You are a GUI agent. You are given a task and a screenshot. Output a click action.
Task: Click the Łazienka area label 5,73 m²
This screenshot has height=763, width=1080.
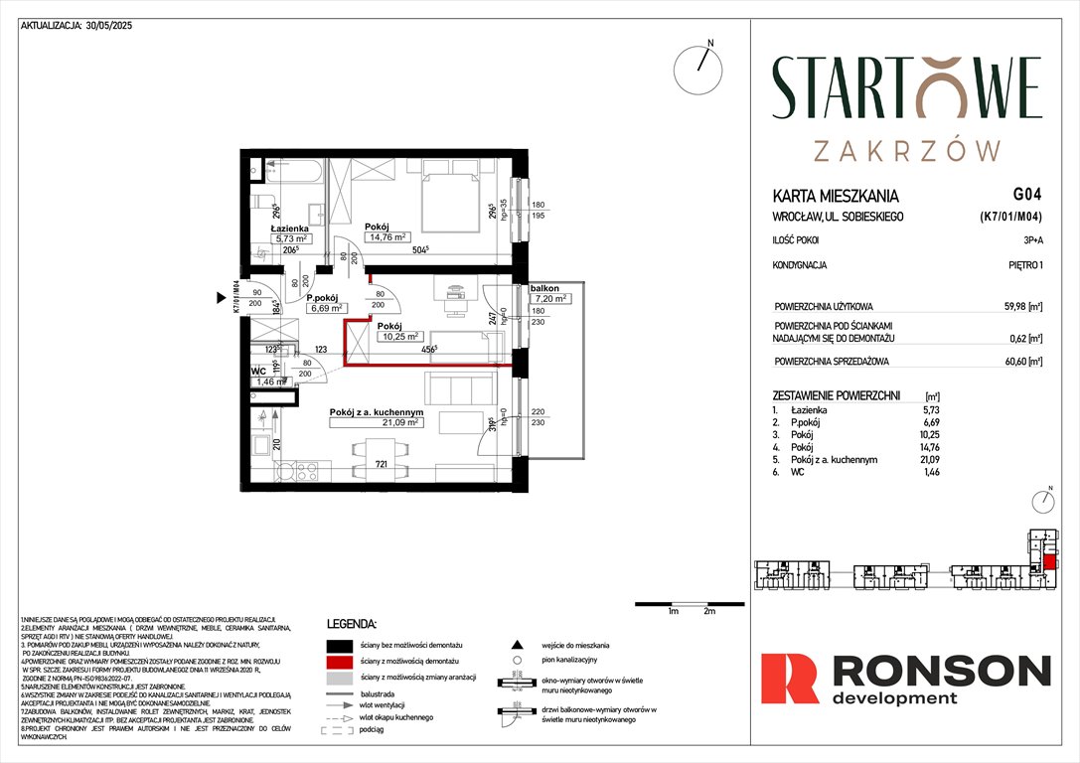293,238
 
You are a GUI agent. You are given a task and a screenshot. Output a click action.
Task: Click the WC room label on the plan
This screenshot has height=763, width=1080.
258,371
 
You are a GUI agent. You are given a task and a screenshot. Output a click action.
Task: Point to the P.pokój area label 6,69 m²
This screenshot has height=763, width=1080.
325,308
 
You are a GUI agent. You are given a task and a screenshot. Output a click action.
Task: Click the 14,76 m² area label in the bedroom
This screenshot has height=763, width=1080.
386,236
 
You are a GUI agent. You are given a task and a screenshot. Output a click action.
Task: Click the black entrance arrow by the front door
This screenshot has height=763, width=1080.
222,297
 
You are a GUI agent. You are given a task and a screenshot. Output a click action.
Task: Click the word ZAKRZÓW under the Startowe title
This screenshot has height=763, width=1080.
906,150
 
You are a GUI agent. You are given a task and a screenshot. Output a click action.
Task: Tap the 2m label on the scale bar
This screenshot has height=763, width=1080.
708,612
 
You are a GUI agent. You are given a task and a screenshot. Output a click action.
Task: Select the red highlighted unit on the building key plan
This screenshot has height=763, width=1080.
1049,564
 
